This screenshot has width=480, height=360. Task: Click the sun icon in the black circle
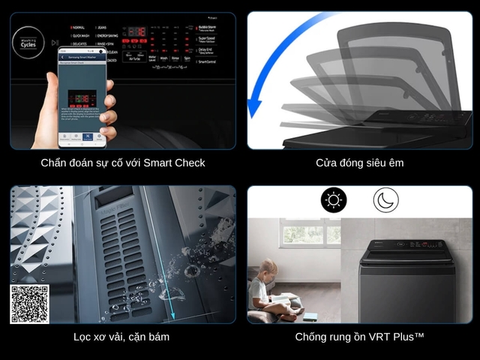(334, 200)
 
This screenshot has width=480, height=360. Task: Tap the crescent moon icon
(386, 200)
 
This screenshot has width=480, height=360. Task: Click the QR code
(29, 304)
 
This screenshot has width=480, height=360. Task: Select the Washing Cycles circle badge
(29, 41)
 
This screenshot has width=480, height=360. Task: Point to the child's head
(268, 269)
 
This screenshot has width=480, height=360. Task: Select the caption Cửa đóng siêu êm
(360, 163)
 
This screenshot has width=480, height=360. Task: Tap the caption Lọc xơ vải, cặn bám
(121, 337)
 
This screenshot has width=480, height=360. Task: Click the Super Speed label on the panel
(212, 39)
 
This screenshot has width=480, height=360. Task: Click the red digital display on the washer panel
(136, 31)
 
